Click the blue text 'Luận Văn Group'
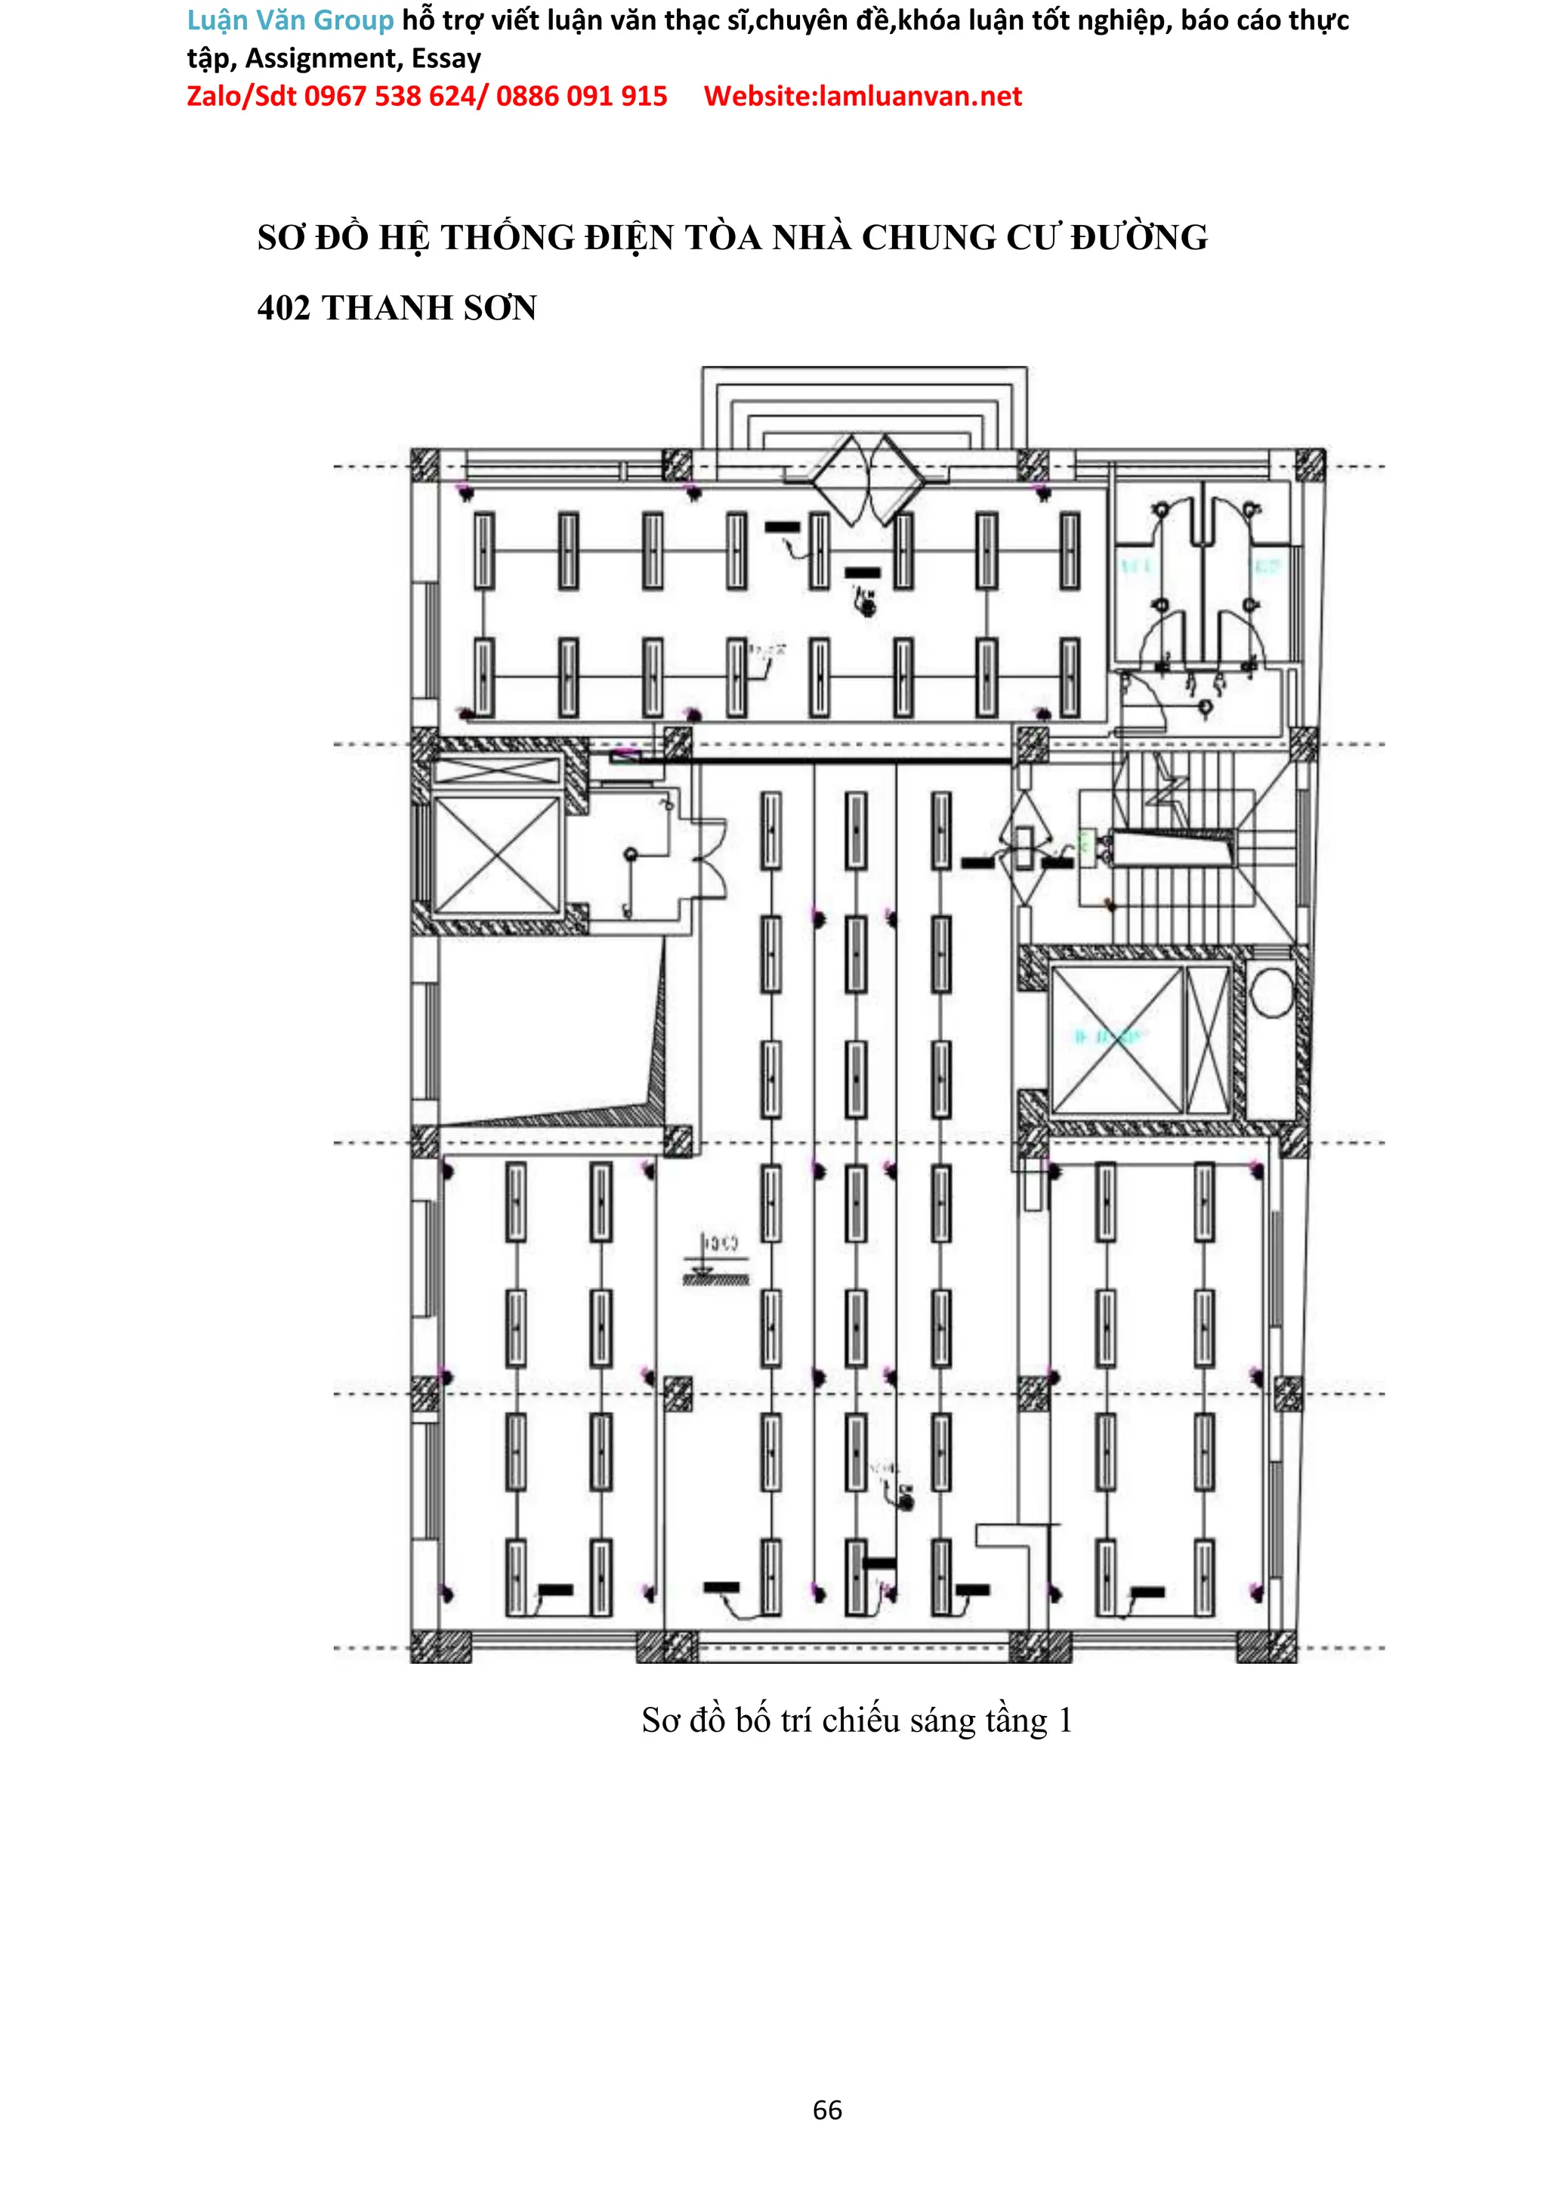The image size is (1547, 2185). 289,20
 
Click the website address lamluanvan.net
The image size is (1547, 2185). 920,96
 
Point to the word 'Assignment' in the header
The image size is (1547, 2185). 324,59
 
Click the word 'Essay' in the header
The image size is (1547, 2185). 446,59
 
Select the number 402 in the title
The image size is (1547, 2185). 284,307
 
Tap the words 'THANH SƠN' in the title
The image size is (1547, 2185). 430,307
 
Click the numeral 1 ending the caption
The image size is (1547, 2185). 1065,1721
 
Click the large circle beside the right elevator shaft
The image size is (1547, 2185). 1271,992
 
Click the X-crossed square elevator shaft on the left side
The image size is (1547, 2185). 496,854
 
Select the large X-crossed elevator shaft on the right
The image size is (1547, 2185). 1116,1038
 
